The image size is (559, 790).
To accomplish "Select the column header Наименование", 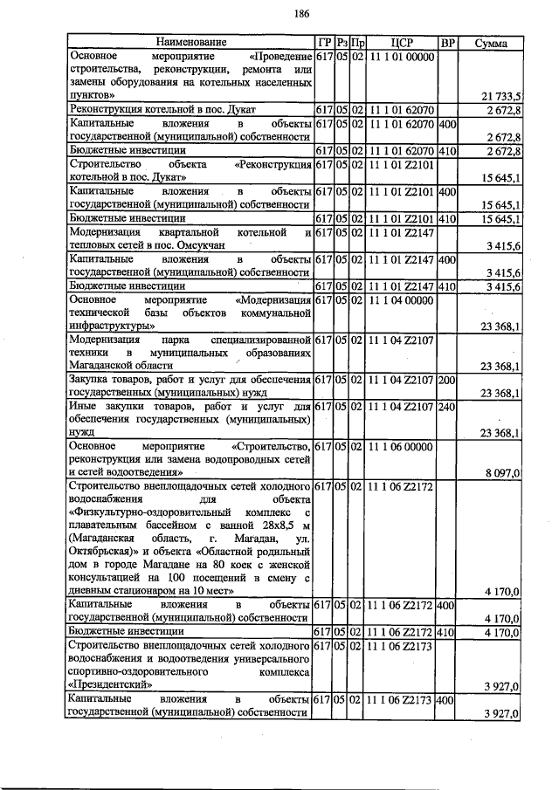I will point(190,42).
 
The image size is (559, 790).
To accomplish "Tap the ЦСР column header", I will point(402,42).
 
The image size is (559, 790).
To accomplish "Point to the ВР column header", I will point(447,42).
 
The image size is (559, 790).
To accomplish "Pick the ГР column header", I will point(322,42).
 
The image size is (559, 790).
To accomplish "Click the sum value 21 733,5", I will point(501,95).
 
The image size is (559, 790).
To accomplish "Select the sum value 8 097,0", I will point(503,472).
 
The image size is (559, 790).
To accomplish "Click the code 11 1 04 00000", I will point(402,299).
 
